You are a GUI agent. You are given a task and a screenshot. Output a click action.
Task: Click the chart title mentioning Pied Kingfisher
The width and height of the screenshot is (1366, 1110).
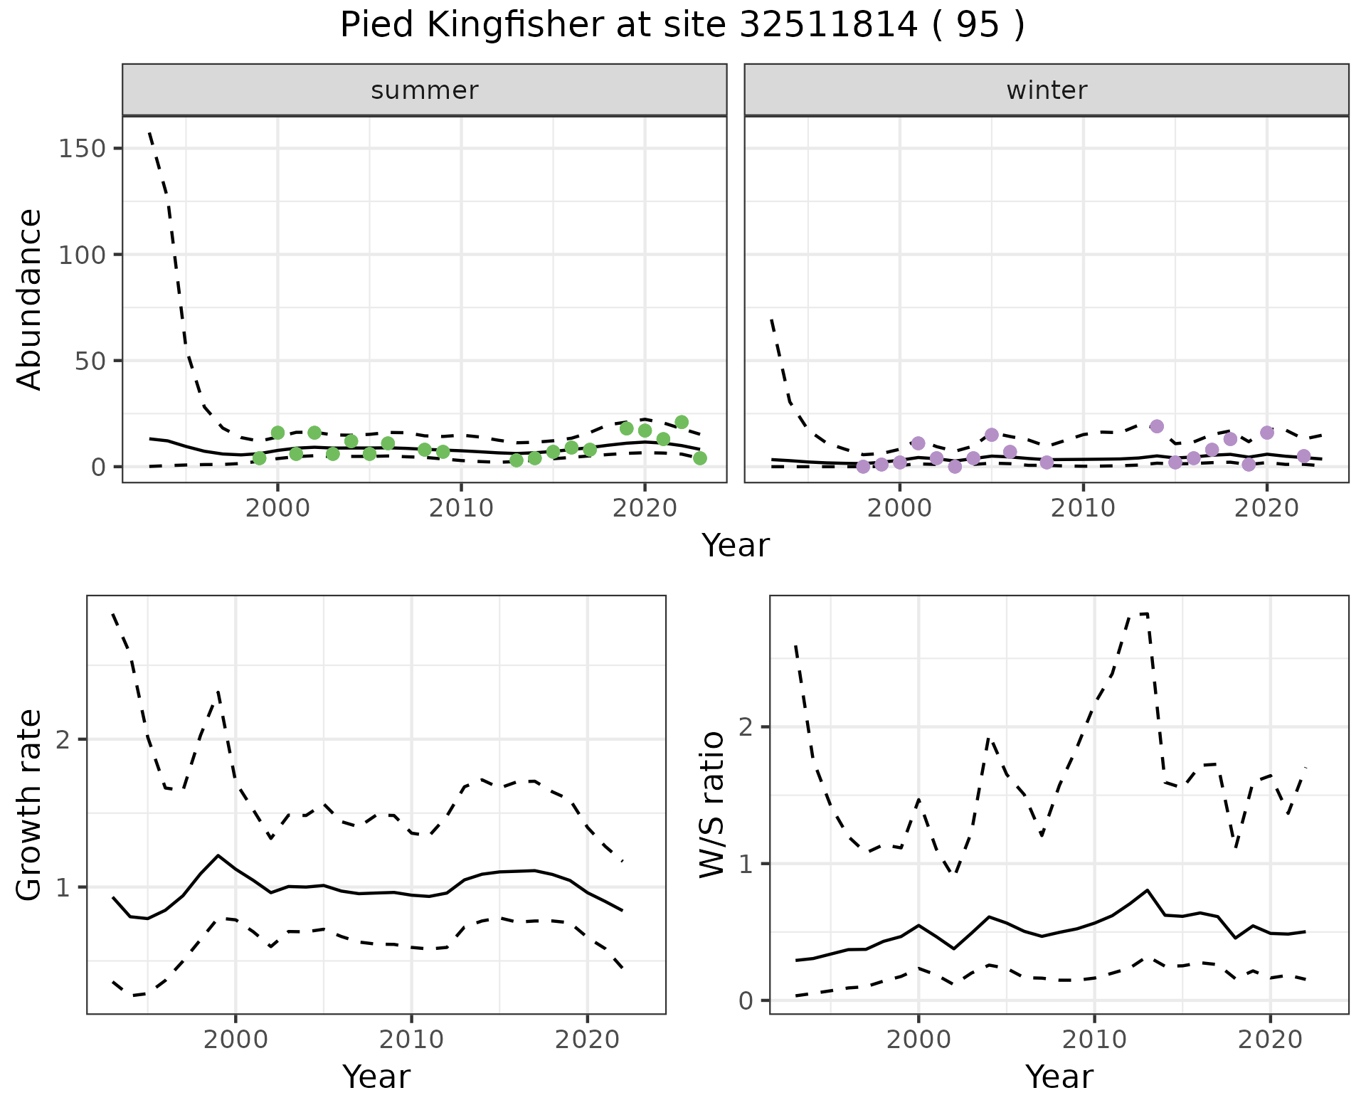pos(682,26)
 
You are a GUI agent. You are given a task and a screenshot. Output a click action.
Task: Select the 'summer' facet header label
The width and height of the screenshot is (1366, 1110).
pos(425,90)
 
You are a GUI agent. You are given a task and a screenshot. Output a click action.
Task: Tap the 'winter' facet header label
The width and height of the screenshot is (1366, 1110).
pos(1047,90)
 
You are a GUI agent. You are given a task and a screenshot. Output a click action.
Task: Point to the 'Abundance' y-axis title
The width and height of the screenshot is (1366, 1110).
pos(30,299)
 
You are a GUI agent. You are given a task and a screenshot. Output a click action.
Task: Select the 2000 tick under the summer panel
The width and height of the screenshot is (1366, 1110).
pos(277,508)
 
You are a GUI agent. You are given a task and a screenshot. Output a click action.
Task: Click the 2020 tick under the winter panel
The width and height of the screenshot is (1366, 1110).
pos(1266,508)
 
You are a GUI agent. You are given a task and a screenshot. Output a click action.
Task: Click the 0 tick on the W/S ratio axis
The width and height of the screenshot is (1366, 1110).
pos(746,1000)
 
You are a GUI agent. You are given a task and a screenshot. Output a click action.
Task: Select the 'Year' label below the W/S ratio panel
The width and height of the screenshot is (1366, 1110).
pos(1059,1077)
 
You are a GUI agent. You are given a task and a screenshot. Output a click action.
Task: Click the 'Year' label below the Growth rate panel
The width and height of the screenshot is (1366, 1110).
pos(376,1077)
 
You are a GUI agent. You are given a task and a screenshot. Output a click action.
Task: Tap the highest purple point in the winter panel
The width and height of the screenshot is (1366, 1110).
pos(1157,426)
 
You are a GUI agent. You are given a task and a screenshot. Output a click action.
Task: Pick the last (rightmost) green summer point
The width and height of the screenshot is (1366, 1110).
pos(700,458)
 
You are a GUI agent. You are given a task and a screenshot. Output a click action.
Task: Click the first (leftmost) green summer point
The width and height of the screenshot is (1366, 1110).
pos(260,458)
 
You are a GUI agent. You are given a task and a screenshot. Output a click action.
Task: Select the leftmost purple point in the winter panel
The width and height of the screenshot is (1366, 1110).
pos(863,467)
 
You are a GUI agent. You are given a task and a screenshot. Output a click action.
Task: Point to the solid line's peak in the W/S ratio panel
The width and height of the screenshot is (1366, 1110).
pos(1147,890)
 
